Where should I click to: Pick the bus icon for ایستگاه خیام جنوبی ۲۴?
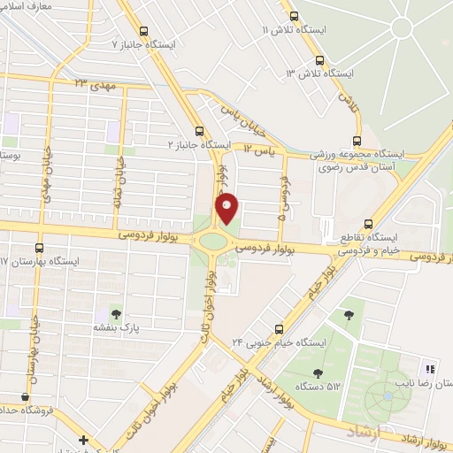click(279, 327)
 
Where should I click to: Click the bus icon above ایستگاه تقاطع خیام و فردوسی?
click(369, 224)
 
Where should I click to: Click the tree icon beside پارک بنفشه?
click(115, 312)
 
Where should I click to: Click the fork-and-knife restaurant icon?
click(431, 368)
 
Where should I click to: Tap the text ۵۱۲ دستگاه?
click(321, 386)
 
